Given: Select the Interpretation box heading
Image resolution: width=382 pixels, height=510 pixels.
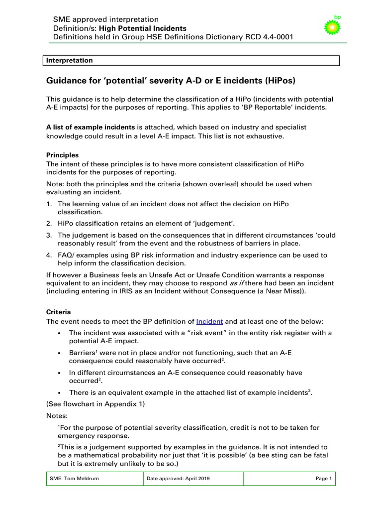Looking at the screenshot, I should (70, 60).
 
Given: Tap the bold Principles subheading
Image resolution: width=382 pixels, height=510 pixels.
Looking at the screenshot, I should (63, 155).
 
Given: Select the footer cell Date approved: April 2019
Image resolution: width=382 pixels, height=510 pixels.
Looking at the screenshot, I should (178, 479).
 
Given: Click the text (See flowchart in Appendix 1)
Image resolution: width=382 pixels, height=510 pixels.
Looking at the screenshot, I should (95, 403).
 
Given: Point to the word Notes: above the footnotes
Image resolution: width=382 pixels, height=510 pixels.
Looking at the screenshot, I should (57, 415).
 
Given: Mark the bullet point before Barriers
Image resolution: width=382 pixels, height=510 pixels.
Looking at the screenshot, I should (60, 353).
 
